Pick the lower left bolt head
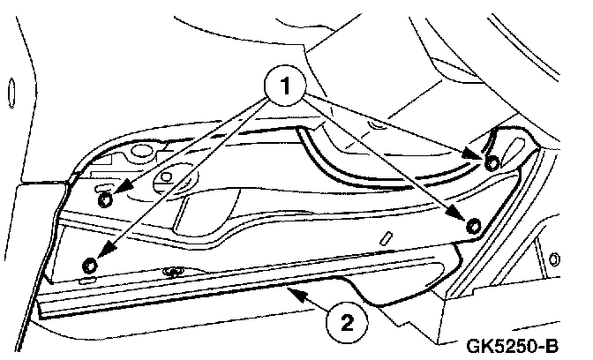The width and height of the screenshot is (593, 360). (x=89, y=265)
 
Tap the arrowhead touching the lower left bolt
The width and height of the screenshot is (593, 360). (x=97, y=253)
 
